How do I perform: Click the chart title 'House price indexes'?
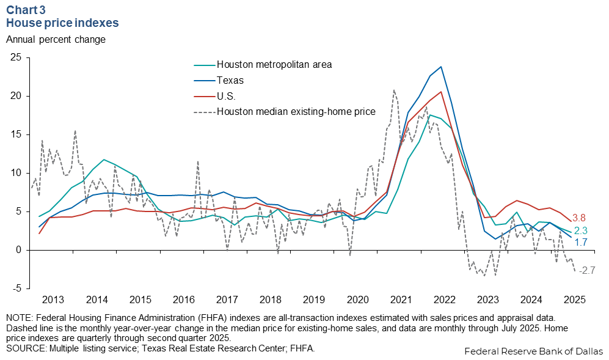click(x=62, y=23)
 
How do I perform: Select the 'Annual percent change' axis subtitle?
click(x=56, y=40)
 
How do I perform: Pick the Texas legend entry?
click(x=230, y=80)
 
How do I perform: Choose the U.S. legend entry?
click(x=227, y=96)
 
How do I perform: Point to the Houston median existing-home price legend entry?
click(x=291, y=112)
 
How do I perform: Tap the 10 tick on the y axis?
click(x=16, y=173)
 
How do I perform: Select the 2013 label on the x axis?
click(x=53, y=299)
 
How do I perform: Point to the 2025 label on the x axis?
click(x=575, y=299)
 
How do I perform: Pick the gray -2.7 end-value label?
click(x=586, y=270)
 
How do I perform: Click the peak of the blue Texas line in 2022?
click(x=441, y=67)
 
